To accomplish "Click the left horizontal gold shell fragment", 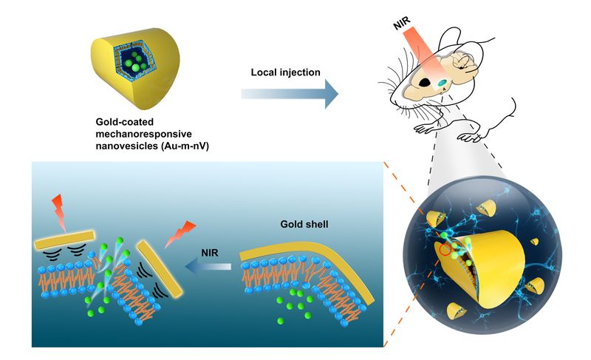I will coord(64,240).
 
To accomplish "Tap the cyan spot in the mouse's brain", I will coord(442,84).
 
